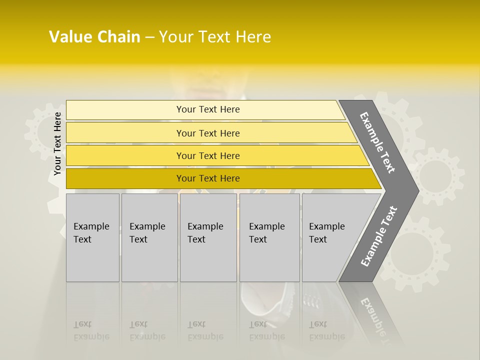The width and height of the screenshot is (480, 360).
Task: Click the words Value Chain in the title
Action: point(94,37)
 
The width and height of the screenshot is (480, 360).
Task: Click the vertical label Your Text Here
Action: point(57,144)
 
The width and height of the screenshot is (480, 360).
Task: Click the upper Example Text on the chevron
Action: point(377,143)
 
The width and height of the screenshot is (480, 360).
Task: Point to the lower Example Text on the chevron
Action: point(379,236)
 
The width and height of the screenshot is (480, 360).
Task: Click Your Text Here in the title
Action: point(215,37)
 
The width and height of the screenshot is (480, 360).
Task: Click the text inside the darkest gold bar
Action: point(208,178)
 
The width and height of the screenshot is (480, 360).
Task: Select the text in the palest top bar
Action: point(208,109)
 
